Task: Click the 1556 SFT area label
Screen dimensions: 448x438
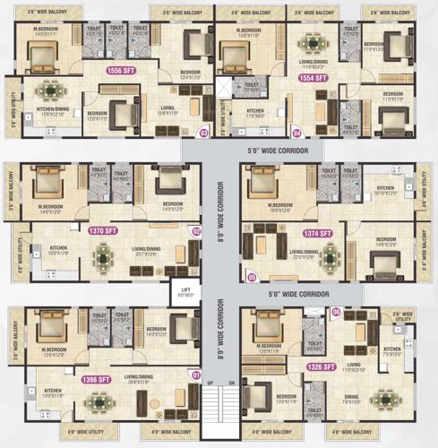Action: [x=120, y=69]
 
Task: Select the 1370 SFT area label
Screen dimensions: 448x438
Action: [x=103, y=230]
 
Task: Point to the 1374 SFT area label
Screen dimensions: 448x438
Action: [x=317, y=233]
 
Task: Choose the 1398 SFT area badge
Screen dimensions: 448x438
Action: [x=96, y=380]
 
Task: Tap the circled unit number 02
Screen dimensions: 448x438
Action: [x=196, y=231]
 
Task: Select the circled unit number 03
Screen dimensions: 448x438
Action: [x=204, y=134]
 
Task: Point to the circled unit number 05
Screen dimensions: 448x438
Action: [x=253, y=277]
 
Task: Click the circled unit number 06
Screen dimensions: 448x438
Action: [x=336, y=312]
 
